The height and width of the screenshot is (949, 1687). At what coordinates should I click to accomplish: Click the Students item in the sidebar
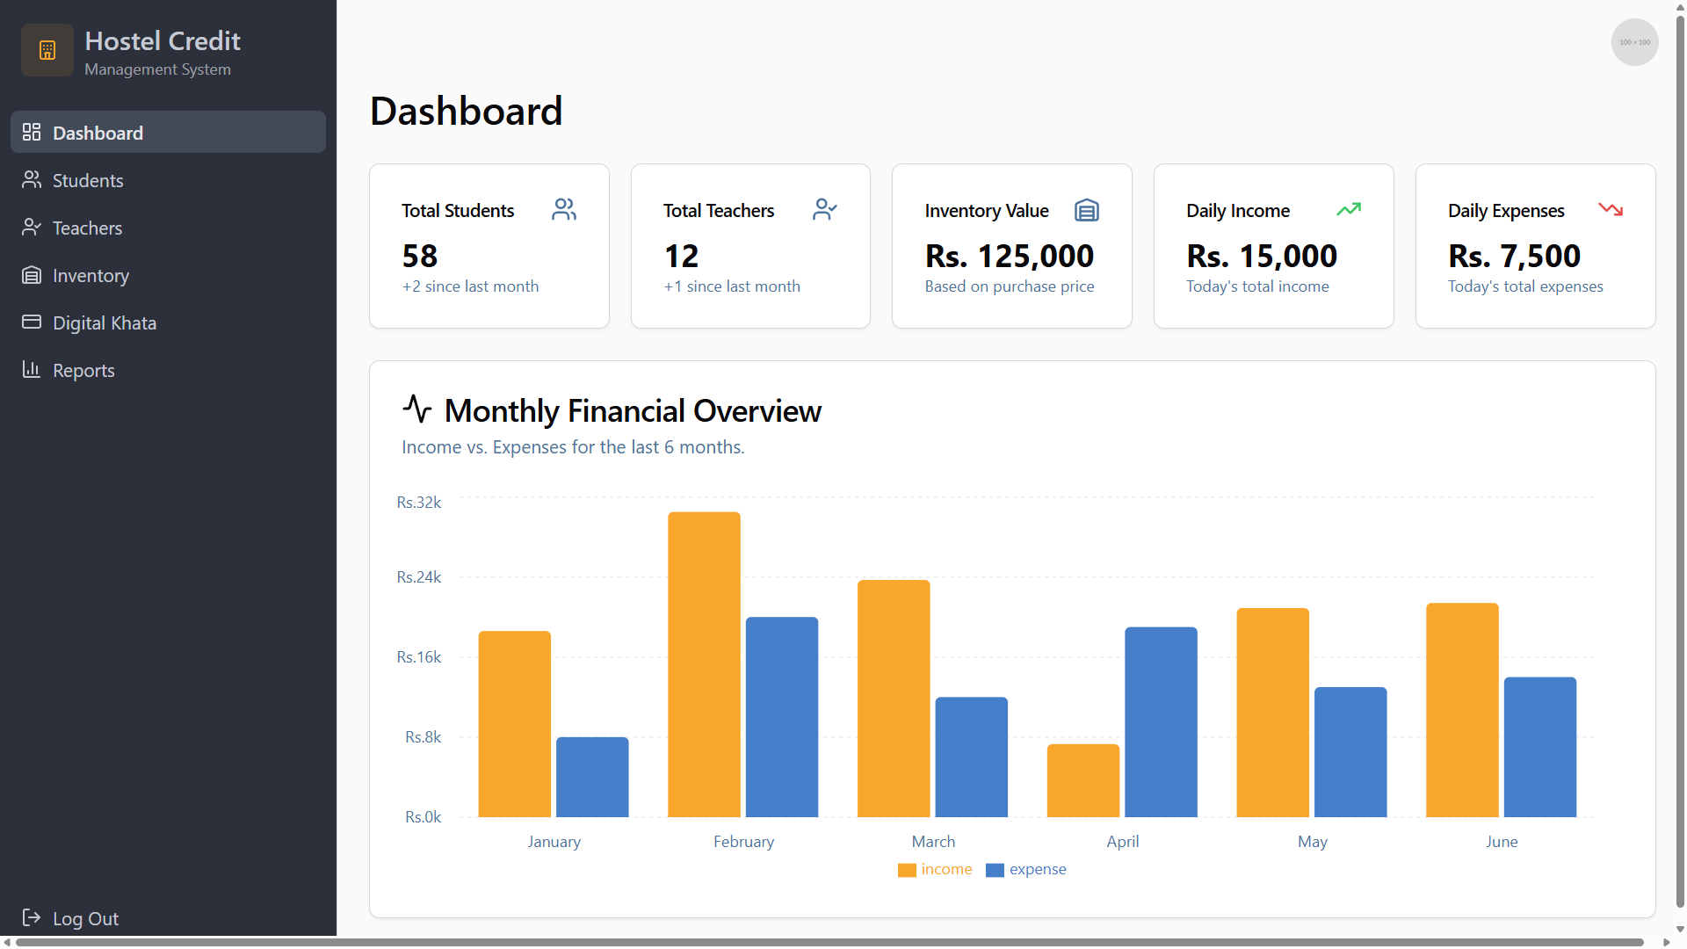click(87, 180)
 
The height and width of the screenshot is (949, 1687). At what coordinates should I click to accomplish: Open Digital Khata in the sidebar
click(104, 322)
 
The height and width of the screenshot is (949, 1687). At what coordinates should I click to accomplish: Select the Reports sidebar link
click(83, 370)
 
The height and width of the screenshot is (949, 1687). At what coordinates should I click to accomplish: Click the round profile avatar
click(1634, 42)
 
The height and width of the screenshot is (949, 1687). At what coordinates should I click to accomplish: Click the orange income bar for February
click(704, 664)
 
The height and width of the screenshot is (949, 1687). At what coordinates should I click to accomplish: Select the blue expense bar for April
click(1161, 721)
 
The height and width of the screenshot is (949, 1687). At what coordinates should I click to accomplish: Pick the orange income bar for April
click(1082, 780)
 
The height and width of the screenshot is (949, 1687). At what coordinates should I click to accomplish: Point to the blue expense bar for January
click(592, 777)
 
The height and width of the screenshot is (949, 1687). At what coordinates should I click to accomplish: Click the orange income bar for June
click(1462, 710)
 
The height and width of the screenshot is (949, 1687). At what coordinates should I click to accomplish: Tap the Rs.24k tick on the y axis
click(418, 577)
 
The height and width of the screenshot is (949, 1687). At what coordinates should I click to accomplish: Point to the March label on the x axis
click(933, 842)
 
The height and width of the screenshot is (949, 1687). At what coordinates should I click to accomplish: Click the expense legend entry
click(1026, 869)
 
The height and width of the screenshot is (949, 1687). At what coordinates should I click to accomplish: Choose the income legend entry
click(935, 869)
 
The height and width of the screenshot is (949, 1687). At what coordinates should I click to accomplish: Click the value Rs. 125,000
click(1010, 257)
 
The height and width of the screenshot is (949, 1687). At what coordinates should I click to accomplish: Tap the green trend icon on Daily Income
click(1349, 209)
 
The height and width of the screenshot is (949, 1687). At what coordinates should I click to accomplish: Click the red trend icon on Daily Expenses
click(1611, 209)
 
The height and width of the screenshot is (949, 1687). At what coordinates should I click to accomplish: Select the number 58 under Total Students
click(420, 257)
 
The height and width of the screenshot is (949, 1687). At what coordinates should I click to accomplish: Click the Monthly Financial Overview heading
click(633, 410)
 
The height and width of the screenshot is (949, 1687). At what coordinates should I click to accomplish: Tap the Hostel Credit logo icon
click(47, 50)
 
